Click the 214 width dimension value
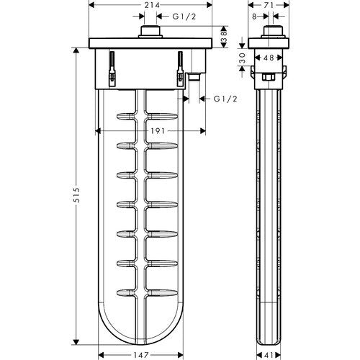[152, 5]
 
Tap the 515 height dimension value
[76, 195]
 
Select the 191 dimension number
[158, 131]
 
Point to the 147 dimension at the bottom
[142, 355]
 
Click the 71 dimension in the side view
[269, 5]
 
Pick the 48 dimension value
[269, 58]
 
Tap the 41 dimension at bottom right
[269, 355]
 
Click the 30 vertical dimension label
[243, 58]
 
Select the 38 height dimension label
[224, 37]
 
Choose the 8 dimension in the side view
[254, 17]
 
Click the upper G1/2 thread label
[184, 17]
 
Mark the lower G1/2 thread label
[225, 99]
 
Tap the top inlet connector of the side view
[273, 32]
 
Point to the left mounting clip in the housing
[112, 69]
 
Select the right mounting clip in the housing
[180, 69]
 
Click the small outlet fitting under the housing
[194, 76]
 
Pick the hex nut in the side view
[269, 77]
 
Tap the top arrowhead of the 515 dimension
[76, 51]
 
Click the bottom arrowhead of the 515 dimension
[76, 342]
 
